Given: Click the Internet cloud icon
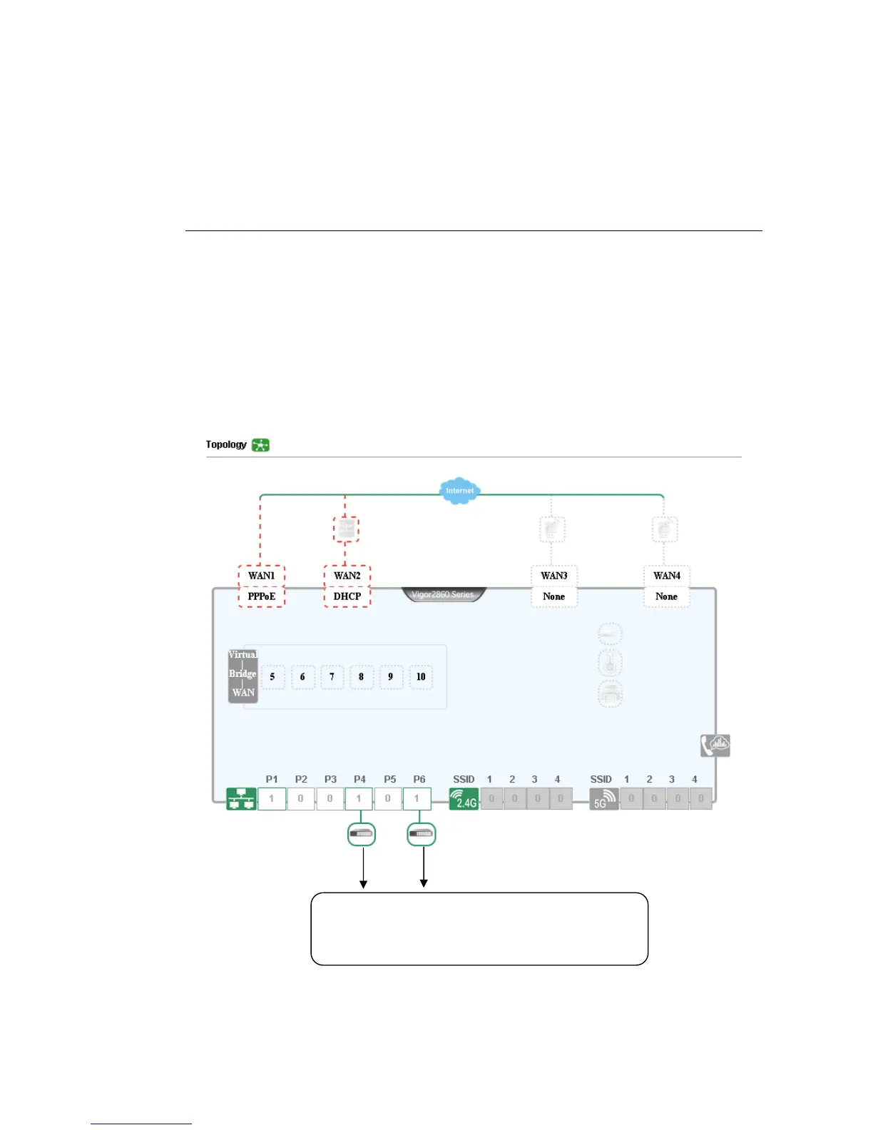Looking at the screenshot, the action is click(459, 491).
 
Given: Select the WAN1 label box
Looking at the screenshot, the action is click(261, 576).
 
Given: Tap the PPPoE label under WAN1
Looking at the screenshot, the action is click(261, 596).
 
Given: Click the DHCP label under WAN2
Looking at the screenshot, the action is click(347, 596).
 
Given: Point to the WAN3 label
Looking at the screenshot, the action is click(554, 576).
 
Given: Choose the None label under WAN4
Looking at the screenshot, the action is click(666, 596).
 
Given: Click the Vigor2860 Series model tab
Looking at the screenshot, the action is click(443, 594).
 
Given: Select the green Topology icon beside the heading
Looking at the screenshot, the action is click(260, 445).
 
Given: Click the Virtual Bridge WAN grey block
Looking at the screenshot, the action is click(242, 674).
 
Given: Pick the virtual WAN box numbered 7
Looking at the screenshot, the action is click(332, 677).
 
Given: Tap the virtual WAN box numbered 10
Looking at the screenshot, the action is click(421, 677).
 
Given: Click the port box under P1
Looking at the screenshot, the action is click(271, 799).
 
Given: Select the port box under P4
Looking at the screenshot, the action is click(359, 799).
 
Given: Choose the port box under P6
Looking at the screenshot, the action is click(417, 799).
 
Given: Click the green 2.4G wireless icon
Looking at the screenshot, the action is click(464, 799).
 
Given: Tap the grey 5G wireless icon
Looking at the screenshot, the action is click(603, 799).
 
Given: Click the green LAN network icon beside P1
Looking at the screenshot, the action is click(241, 799).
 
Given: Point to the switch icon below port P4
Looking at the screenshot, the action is click(362, 834).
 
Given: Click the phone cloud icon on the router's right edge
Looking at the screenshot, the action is click(715, 745).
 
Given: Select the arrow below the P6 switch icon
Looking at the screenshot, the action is click(424, 867).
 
